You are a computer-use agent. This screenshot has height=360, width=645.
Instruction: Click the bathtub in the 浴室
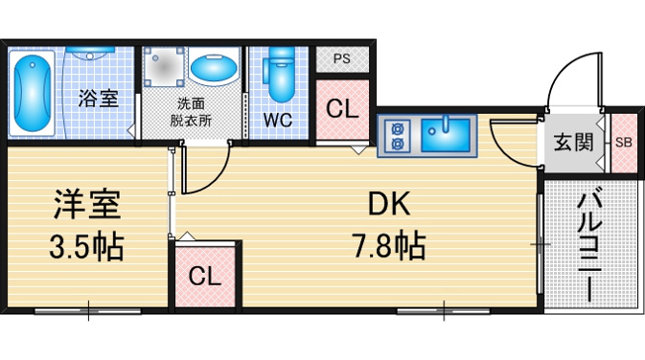coord(32,93)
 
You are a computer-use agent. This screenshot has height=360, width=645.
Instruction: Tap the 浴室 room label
coord(98,98)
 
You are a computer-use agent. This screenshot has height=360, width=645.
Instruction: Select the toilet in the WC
coord(279,74)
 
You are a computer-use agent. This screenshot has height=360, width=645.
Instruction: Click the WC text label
coord(278,120)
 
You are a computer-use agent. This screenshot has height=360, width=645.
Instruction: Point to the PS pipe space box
coord(342,59)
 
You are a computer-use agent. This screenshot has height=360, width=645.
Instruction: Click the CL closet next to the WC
coord(342,110)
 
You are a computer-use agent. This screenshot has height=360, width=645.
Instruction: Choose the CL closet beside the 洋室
coord(205,277)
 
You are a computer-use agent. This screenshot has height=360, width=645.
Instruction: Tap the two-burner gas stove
coord(397,135)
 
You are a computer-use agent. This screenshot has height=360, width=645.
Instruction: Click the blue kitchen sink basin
coord(445,135)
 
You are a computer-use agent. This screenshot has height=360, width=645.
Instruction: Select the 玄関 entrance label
coord(574,142)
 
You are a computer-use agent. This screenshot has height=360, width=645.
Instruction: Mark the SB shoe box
coord(623,142)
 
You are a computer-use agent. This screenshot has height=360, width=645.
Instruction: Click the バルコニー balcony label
coord(591,244)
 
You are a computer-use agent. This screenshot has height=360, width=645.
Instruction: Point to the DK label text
coord(389,205)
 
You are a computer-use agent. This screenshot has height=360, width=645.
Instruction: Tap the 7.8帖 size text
coord(389,246)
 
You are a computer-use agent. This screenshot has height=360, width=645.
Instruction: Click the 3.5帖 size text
coord(87,247)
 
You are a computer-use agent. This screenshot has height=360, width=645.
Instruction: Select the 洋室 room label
coord(87,205)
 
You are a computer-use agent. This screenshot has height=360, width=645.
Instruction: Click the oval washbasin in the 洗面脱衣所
coord(215,67)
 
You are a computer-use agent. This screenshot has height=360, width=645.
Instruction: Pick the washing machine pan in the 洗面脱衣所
coord(163,67)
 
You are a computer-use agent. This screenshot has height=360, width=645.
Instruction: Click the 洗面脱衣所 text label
coord(191,112)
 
